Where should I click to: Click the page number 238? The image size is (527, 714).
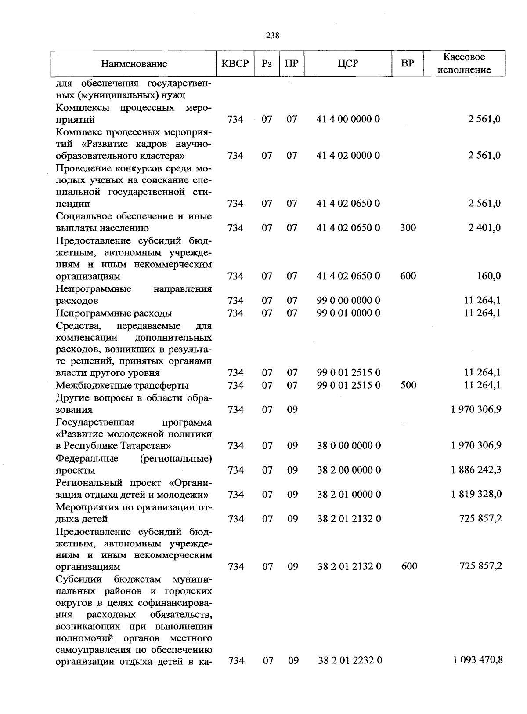click(272, 36)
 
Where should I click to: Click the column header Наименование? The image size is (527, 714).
click(134, 64)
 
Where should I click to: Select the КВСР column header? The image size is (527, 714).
click(235, 63)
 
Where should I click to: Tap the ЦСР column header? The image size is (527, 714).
click(348, 63)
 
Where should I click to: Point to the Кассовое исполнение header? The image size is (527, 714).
click(464, 63)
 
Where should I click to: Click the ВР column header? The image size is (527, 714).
click(408, 63)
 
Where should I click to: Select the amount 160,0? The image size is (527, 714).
click(488, 276)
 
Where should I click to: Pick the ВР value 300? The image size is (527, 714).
click(408, 228)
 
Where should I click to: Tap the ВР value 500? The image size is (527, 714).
click(408, 385)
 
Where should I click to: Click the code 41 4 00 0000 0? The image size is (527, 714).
click(348, 119)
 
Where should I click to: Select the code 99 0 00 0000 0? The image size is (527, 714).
click(349, 301)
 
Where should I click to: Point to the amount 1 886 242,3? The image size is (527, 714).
click(476, 470)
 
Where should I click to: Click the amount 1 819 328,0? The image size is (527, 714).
click(476, 494)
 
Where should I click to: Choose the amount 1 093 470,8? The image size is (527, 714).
click(478, 660)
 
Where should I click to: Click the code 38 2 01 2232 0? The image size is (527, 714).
click(350, 660)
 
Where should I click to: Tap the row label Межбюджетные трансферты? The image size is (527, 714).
click(122, 386)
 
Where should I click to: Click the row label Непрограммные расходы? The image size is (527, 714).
click(114, 313)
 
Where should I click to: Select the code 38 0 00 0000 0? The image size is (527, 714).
click(349, 446)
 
